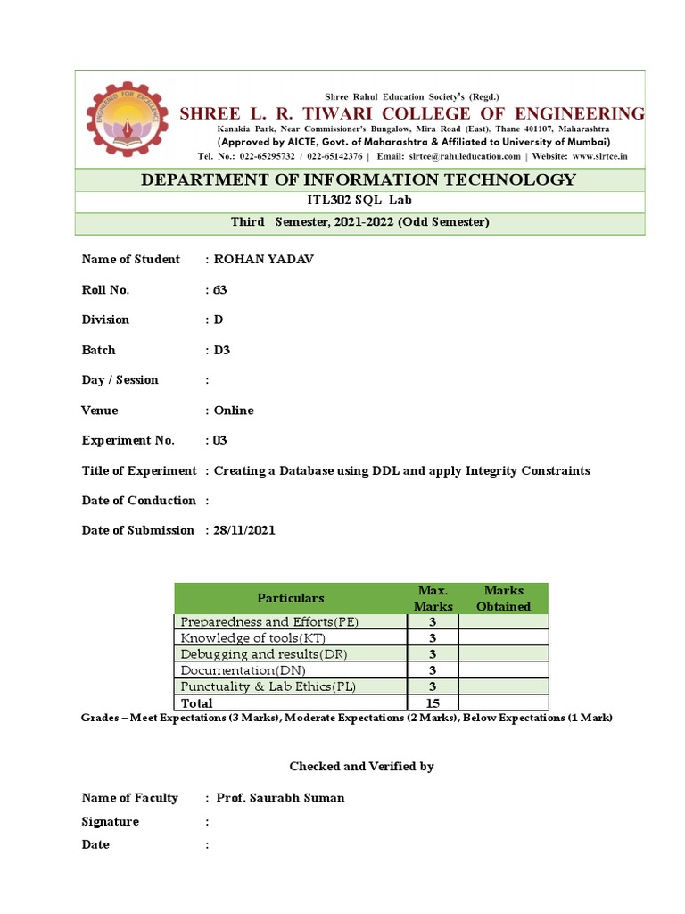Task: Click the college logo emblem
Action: click(127, 119)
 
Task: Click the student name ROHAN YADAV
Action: click(264, 260)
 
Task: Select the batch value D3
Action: click(222, 350)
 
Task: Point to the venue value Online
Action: click(234, 411)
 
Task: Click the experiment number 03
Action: click(221, 440)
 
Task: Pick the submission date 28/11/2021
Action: click(244, 530)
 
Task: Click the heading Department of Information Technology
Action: click(359, 179)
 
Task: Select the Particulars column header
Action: click(291, 598)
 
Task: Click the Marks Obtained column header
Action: click(503, 598)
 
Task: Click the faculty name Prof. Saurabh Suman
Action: click(279, 798)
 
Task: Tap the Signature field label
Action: click(110, 821)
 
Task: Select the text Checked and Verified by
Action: click(361, 767)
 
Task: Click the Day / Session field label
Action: click(120, 380)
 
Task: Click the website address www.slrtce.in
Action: click(599, 155)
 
